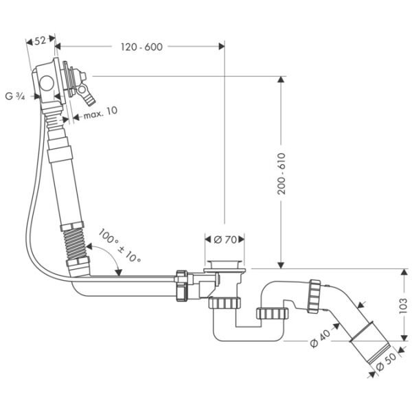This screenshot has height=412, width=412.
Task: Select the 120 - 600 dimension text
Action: [141, 47]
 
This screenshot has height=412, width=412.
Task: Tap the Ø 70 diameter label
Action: [225, 240]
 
